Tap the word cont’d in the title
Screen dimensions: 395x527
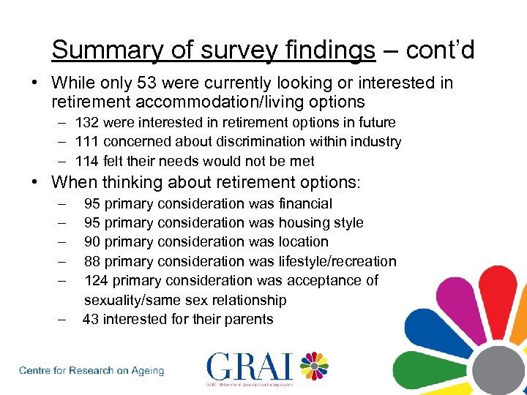(x=439, y=50)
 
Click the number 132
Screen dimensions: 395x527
(x=86, y=122)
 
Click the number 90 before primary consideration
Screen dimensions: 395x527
(x=93, y=241)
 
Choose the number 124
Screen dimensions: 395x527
(x=97, y=280)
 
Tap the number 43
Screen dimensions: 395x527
(x=91, y=319)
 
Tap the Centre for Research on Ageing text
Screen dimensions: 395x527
(x=91, y=371)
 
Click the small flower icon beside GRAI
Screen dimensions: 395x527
(x=313, y=366)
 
